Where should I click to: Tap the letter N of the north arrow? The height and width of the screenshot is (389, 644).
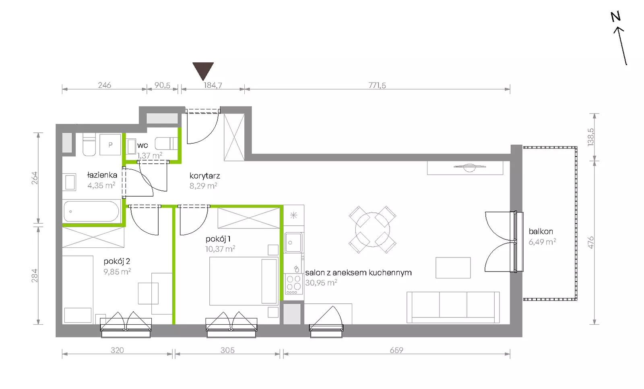tap(615, 17)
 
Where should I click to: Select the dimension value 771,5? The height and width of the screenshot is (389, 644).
tap(377, 85)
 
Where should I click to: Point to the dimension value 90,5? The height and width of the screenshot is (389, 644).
tap(163, 85)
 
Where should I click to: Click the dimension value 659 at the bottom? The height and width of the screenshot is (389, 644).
tap(396, 350)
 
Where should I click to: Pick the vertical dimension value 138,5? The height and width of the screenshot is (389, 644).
tap(590, 137)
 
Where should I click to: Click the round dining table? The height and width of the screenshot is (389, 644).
tap(372, 230)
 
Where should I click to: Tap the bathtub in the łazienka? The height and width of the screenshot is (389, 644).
tap(91, 212)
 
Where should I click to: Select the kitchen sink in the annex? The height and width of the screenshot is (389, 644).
tap(293, 243)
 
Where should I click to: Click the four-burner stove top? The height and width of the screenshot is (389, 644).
tap(294, 284)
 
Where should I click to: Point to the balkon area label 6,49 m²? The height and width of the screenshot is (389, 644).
tap(542, 242)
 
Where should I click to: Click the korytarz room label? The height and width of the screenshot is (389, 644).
tap(205, 175)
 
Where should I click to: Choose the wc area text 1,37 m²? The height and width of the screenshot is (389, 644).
tap(149, 155)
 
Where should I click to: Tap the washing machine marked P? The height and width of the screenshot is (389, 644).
tap(110, 145)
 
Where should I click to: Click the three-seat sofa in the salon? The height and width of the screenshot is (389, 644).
tap(453, 307)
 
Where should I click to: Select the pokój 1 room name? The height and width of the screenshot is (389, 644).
tap(218, 239)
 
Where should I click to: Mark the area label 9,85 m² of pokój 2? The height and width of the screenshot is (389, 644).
tap(117, 272)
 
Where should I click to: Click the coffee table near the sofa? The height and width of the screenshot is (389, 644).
tap(453, 268)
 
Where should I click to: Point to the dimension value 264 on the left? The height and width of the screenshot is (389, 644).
tap(35, 178)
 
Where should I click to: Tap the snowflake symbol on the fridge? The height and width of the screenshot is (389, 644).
tap(293, 215)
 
